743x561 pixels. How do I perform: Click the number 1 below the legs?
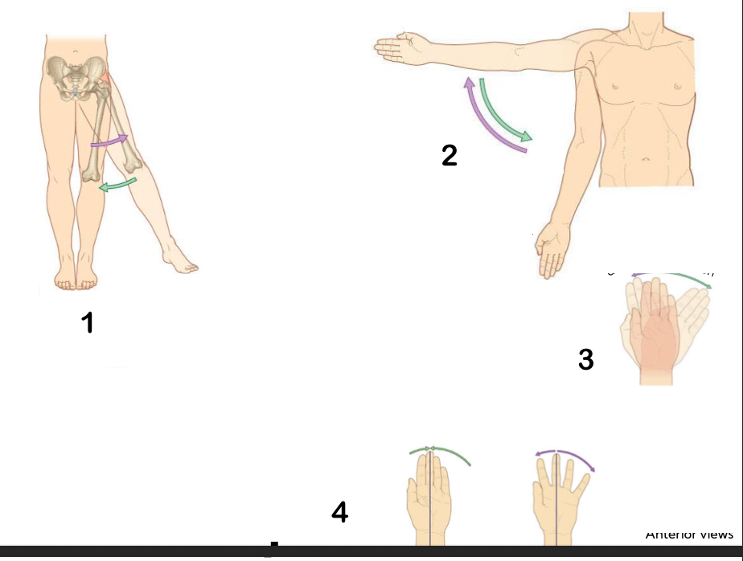[x=87, y=323]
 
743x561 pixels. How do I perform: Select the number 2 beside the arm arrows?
[x=449, y=155]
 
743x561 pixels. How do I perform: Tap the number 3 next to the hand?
[x=586, y=360]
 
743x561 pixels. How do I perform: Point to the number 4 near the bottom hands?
[x=340, y=512]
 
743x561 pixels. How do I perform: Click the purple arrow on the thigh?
[x=109, y=142]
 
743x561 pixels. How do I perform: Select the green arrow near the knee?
[x=117, y=186]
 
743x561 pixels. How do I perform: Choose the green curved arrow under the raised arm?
[x=504, y=111]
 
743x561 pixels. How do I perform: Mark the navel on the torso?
[x=647, y=158]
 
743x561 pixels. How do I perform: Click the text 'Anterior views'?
[x=689, y=534]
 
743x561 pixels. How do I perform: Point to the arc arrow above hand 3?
[x=671, y=276]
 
